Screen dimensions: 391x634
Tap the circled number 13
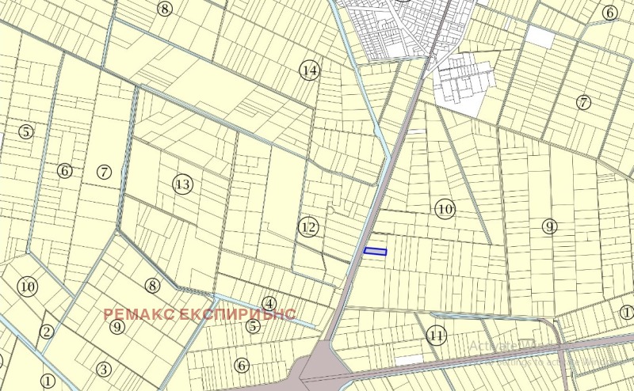pyautogui.click(x=183, y=184)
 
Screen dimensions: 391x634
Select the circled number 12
pyautogui.click(x=308, y=228)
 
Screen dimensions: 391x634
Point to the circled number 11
pyautogui.click(x=436, y=335)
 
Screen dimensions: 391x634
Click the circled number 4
pyautogui.click(x=269, y=303)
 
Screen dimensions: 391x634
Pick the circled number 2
pyautogui.click(x=47, y=332)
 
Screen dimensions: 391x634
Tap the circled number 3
pyautogui.click(x=103, y=369)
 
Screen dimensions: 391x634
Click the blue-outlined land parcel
pyautogui.click(x=375, y=252)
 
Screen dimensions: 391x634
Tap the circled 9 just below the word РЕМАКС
pyautogui.click(x=117, y=326)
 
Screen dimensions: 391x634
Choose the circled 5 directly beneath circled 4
pyautogui.click(x=254, y=325)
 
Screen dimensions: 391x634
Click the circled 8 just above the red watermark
pyautogui.click(x=153, y=286)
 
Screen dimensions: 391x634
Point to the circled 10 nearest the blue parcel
pyautogui.click(x=445, y=209)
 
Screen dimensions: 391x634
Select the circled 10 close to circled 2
pyautogui.click(x=28, y=286)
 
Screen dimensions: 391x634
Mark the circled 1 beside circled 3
pyautogui.click(x=48, y=381)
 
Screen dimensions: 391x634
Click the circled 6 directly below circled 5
pyautogui.click(x=242, y=365)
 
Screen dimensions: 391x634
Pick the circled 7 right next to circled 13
pyautogui.click(x=104, y=172)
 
